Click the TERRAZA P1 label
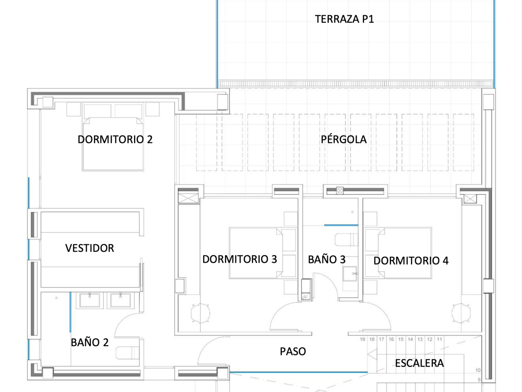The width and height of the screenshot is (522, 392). (344, 19)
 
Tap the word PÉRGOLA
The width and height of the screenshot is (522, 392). (344, 139)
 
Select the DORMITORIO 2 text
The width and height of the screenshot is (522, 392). (115, 139)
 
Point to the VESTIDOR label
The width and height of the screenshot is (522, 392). (90, 248)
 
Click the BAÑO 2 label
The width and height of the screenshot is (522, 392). (90, 342)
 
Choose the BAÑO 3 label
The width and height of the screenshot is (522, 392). (327, 260)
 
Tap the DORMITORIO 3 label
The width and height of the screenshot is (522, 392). (239, 260)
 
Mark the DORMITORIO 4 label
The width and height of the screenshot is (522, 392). (411, 261)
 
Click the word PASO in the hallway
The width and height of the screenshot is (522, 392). (292, 351)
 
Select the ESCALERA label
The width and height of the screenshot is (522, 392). (419, 363)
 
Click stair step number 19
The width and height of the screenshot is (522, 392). (362, 339)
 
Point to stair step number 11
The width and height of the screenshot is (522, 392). (440, 339)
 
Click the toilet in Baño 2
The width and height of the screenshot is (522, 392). (129, 353)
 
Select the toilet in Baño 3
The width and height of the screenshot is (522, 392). (346, 240)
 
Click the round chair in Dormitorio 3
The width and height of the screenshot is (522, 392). (201, 313)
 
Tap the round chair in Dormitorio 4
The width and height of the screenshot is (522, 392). (462, 313)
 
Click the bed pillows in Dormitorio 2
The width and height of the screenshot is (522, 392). (113, 111)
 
